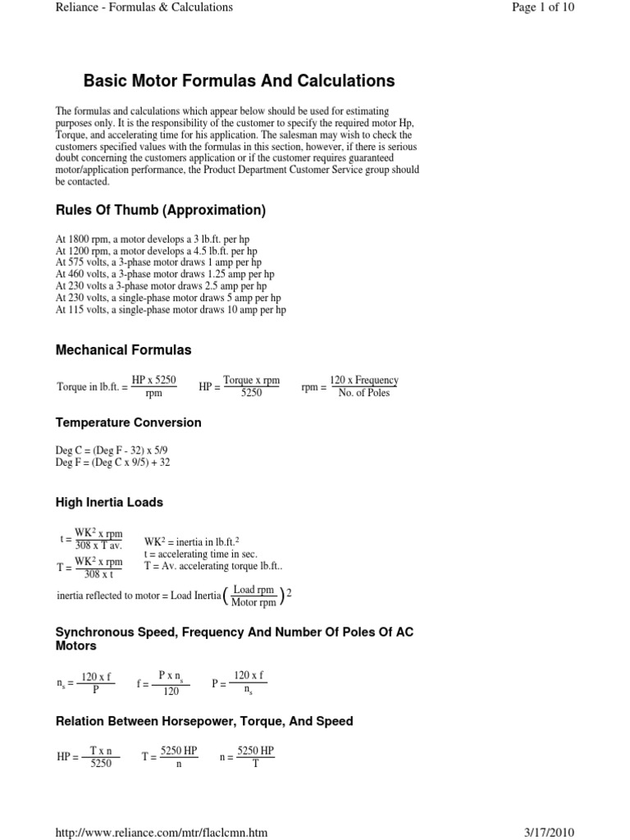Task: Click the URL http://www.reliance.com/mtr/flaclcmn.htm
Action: coord(161,832)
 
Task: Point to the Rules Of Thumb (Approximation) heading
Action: coord(160,211)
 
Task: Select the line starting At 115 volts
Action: coord(171,310)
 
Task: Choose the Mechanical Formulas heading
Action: coord(123,350)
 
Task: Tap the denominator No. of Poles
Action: coord(363,393)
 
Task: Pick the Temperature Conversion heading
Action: coord(128,422)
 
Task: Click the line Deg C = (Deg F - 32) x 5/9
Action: coord(111,450)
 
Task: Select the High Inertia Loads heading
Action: coord(109,502)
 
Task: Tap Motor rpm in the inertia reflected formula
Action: coord(253,602)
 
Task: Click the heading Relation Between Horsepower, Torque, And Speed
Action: coord(204,721)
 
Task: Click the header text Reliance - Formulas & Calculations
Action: coord(144,7)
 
